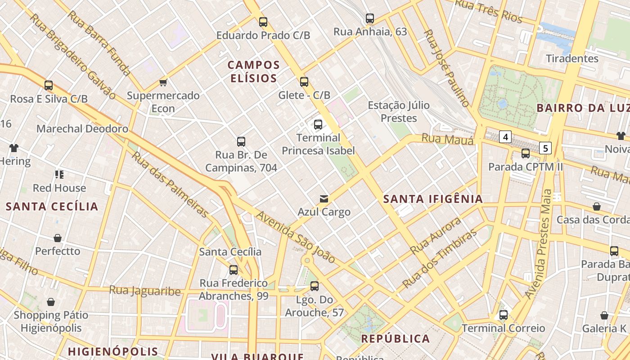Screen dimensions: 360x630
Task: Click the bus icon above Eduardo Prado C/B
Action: click(263, 22)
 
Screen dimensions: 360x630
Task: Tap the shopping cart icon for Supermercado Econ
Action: click(163, 82)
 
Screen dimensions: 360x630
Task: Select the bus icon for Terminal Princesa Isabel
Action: click(318, 125)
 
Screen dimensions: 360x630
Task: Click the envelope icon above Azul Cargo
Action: click(324, 198)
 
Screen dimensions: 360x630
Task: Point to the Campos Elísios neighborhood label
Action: click(254, 72)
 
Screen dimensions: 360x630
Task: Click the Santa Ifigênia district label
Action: click(433, 199)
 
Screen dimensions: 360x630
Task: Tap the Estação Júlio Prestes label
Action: click(399, 112)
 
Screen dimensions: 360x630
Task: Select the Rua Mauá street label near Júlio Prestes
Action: click(447, 139)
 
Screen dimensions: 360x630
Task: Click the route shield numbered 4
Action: click(506, 136)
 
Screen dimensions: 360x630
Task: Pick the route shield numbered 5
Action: click(545, 148)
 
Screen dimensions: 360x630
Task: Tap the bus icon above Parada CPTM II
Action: click(526, 153)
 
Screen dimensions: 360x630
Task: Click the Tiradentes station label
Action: click(572, 58)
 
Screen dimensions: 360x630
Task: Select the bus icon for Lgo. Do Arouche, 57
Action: click(315, 286)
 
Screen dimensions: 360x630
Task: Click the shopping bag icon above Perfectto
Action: click(58, 238)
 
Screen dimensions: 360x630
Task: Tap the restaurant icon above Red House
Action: click(59, 174)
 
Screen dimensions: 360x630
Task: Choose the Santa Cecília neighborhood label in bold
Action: click(52, 207)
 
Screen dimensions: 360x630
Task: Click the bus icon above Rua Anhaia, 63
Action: click(370, 18)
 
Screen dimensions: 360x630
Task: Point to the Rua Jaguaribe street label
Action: click(145, 291)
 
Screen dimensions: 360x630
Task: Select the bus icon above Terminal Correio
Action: click(504, 315)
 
